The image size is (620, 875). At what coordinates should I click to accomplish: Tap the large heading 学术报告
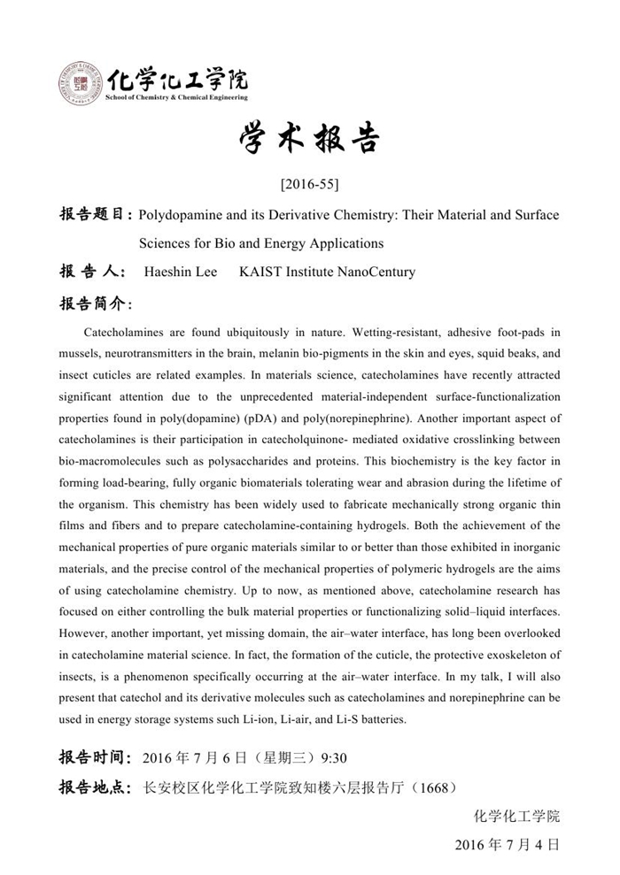309,139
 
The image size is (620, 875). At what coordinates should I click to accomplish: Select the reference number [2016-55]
309,185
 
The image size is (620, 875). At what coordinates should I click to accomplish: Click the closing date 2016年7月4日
507,844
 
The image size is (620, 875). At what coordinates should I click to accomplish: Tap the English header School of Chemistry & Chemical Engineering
176,96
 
